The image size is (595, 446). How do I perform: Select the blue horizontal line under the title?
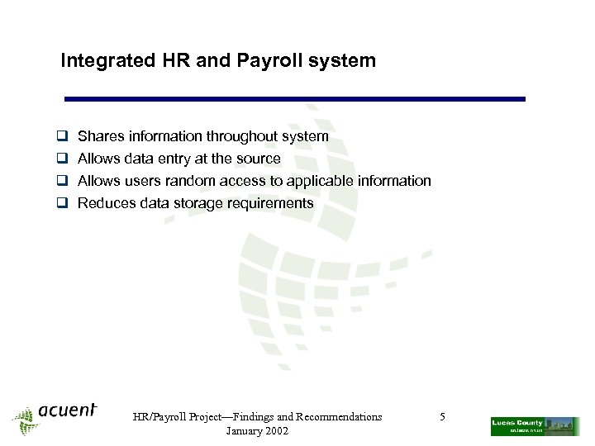tap(295, 99)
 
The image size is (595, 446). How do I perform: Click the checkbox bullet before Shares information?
tap(61, 136)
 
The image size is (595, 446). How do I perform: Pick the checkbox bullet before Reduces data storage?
tap(61, 203)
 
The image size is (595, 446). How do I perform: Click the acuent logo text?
tap(67, 410)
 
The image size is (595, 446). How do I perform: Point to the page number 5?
tap(443, 417)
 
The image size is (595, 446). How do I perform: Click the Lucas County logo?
tap(535, 425)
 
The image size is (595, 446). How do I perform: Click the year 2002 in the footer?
tap(275, 431)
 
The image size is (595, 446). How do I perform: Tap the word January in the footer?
tap(242, 431)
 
